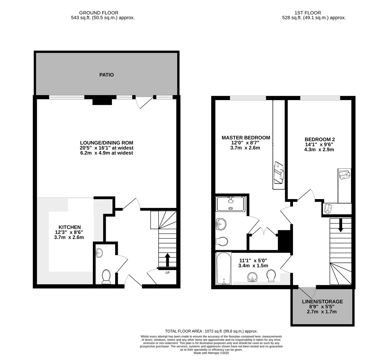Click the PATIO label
(x=106, y=75)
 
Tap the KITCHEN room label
(x=70, y=227)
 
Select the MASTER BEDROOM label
(x=246, y=138)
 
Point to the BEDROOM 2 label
(x=320, y=140)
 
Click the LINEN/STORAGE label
(x=322, y=302)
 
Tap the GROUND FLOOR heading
(x=99, y=13)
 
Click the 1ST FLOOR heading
(x=308, y=13)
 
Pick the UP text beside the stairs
(x=167, y=273)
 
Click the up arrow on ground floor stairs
(x=167, y=260)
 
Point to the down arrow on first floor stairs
(x=340, y=225)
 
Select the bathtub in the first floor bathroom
(x=223, y=268)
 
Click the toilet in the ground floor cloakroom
(x=106, y=277)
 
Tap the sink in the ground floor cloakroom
(x=99, y=253)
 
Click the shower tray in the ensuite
(x=231, y=204)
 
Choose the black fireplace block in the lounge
(x=102, y=102)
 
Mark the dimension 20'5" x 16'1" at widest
(x=106, y=148)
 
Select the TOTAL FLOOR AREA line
(x=211, y=331)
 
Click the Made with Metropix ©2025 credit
(x=211, y=353)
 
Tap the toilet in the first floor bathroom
(x=271, y=276)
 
